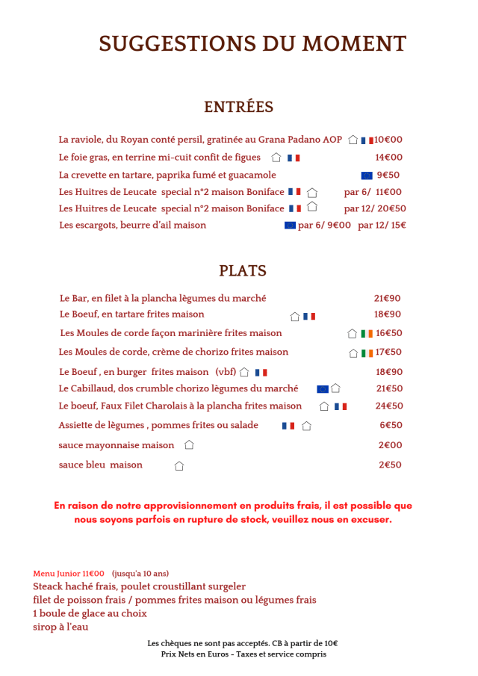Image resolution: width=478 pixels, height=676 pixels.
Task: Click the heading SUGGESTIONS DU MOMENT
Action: tap(252, 44)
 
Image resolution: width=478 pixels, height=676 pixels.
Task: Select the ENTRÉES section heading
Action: tap(239, 108)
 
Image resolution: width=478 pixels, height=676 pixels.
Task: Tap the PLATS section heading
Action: tap(243, 271)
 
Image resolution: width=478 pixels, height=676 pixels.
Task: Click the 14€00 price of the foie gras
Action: tap(388, 158)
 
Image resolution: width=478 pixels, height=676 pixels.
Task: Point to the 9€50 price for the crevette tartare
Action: tap(388, 176)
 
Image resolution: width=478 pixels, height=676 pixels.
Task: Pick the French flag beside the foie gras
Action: tap(294, 158)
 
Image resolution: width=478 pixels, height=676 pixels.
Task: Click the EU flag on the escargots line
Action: tap(290, 226)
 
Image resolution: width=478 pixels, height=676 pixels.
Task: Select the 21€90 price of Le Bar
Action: tap(387, 298)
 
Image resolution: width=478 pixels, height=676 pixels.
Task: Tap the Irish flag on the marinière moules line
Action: tap(366, 334)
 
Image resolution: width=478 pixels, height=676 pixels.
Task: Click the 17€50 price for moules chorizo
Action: tap(388, 353)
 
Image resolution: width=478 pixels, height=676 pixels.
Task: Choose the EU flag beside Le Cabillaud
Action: tap(323, 389)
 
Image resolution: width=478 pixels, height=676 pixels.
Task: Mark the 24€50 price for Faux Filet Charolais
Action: tap(389, 406)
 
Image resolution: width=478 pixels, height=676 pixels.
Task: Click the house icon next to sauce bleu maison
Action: tap(179, 466)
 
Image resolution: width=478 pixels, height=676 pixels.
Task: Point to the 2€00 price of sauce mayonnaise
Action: tap(390, 445)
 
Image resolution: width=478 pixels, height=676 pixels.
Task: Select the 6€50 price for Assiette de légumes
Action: tap(391, 426)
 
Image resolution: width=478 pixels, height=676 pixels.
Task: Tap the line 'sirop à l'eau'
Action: tap(60, 627)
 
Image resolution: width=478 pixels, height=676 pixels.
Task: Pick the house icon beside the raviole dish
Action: tap(353, 140)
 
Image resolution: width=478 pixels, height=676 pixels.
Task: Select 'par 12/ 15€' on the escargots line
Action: tap(382, 226)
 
